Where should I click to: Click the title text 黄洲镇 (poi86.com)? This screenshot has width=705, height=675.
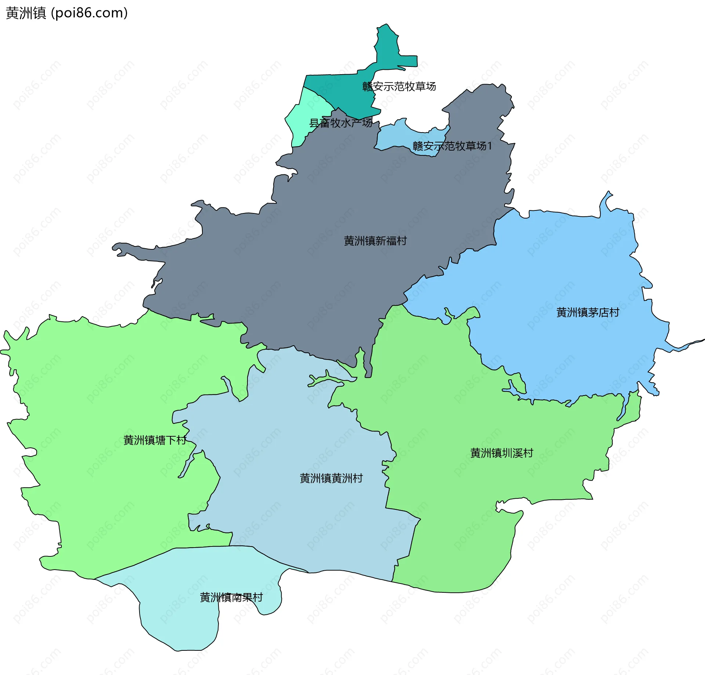tap(67, 13)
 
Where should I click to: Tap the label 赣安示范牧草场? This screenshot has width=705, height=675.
tap(399, 87)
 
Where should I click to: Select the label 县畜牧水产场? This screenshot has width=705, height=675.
tap(340, 123)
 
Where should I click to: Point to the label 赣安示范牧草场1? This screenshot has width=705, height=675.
tap(452, 146)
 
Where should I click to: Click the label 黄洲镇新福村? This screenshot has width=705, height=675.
tap(375, 241)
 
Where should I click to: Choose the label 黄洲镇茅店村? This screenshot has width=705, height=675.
tap(588, 313)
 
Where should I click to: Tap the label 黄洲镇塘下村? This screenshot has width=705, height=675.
tap(155, 440)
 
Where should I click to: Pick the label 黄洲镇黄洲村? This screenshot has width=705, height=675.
tap(331, 478)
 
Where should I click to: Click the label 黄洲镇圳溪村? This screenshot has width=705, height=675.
tap(502, 453)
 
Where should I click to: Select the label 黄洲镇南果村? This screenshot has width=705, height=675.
tap(231, 598)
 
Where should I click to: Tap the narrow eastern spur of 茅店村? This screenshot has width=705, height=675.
tap(687, 345)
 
